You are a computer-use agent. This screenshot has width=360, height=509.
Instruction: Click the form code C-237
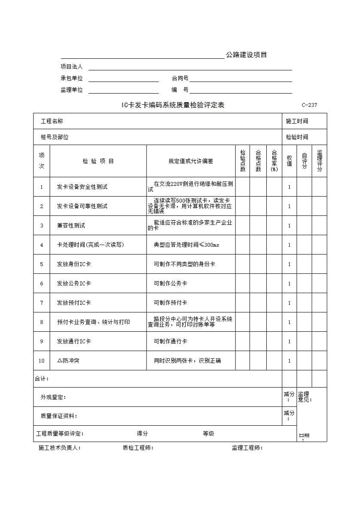click(309, 105)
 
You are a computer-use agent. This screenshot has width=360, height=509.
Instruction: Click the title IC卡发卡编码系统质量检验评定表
click(173, 105)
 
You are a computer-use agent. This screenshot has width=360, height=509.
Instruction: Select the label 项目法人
click(71, 67)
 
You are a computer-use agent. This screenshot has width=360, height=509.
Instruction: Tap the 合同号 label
click(180, 79)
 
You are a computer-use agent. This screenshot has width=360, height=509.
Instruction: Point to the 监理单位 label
click(71, 90)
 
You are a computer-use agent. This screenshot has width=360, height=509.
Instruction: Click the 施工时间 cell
click(297, 121)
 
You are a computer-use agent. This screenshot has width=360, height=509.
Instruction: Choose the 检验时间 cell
click(297, 137)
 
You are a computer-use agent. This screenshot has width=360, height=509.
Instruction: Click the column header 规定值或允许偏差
click(191, 161)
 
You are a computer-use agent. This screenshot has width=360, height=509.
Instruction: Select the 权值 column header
click(289, 161)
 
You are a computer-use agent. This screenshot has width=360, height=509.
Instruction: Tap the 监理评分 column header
click(319, 161)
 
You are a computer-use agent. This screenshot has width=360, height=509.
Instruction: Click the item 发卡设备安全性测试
click(82, 187)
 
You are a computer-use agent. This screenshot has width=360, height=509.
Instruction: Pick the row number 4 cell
click(42, 245)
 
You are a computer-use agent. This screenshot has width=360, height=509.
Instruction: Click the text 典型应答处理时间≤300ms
click(186, 245)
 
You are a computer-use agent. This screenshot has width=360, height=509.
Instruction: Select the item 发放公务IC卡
click(74, 284)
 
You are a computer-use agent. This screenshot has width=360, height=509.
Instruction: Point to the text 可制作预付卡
click(170, 303)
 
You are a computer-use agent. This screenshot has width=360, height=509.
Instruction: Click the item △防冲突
click(68, 361)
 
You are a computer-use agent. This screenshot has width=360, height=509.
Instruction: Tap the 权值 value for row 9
click(289, 342)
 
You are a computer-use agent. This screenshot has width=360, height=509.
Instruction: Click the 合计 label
click(42, 379)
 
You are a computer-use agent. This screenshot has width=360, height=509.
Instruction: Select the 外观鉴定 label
click(54, 397)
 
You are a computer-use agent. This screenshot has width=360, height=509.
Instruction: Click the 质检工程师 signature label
click(138, 448)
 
